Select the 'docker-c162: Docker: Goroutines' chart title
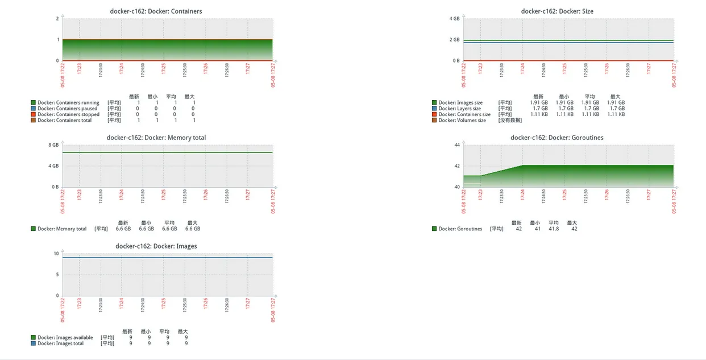point(557,138)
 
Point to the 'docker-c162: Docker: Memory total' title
point(156,138)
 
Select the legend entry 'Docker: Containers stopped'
point(68,114)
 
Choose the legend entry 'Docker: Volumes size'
point(462,121)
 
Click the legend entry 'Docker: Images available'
point(65,338)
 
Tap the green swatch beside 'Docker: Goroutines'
point(434,229)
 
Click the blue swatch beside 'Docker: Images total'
point(34,344)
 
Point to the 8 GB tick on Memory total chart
point(54,145)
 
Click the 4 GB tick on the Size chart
point(454,19)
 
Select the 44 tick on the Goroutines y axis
point(456,145)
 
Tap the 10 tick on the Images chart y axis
point(56,254)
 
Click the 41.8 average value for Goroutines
point(553,229)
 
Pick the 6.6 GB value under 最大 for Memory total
point(193,229)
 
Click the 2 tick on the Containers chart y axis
point(57,19)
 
